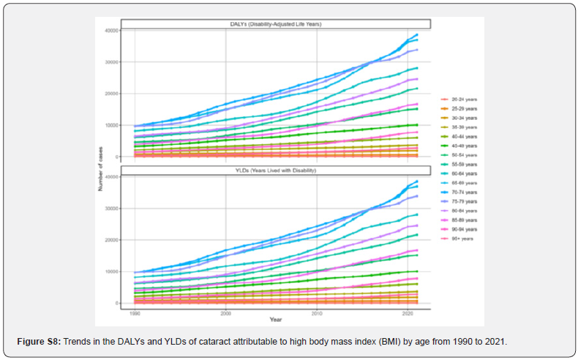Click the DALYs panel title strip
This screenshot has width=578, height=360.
click(x=276, y=24)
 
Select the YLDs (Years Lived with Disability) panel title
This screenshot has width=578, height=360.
click(x=276, y=170)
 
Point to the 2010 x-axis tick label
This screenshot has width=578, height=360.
click(x=316, y=312)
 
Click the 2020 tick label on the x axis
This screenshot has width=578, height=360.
click(x=408, y=312)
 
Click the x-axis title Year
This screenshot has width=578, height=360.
click(x=275, y=320)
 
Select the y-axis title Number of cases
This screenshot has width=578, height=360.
click(x=100, y=169)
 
